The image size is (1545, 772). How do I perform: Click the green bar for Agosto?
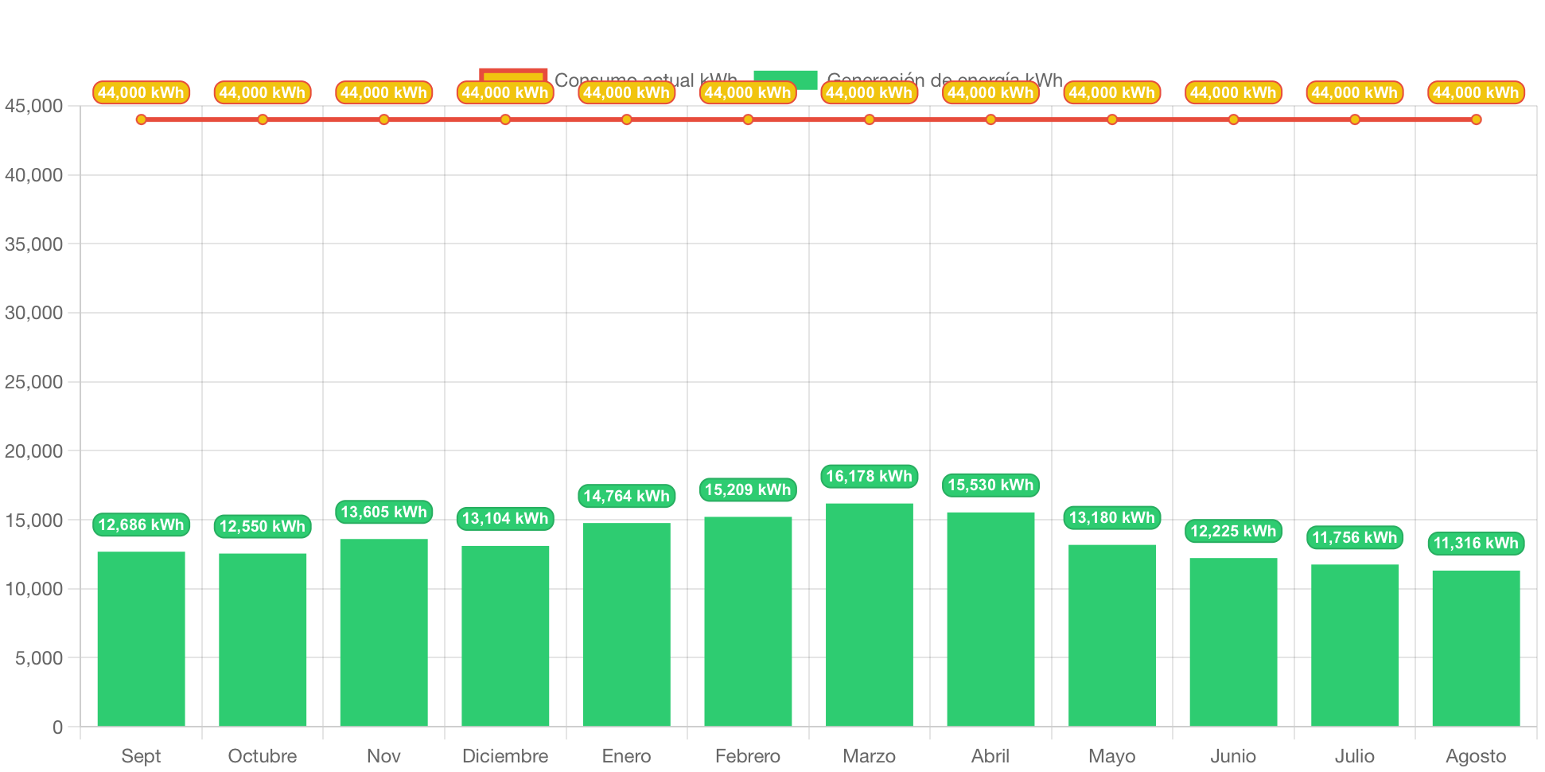1476,648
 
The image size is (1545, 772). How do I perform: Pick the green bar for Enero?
626,624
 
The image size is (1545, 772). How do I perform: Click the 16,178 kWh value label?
869,477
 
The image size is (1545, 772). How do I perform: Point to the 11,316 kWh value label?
1476,544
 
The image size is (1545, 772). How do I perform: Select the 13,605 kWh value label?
383,513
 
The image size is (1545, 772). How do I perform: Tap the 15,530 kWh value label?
990,485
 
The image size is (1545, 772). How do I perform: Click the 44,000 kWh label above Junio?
1233,93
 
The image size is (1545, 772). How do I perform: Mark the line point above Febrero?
748,120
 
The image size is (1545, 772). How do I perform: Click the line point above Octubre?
263,120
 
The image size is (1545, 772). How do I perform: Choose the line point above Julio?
1355,120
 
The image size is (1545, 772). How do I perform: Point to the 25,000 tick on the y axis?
34,383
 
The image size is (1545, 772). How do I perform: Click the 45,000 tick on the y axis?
34,107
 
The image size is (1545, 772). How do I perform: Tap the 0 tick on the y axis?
57,727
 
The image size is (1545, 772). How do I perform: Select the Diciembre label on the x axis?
505,756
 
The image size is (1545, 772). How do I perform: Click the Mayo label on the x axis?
1111,756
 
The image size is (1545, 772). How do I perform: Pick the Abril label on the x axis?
990,756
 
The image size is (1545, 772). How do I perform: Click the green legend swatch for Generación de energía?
785,76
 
